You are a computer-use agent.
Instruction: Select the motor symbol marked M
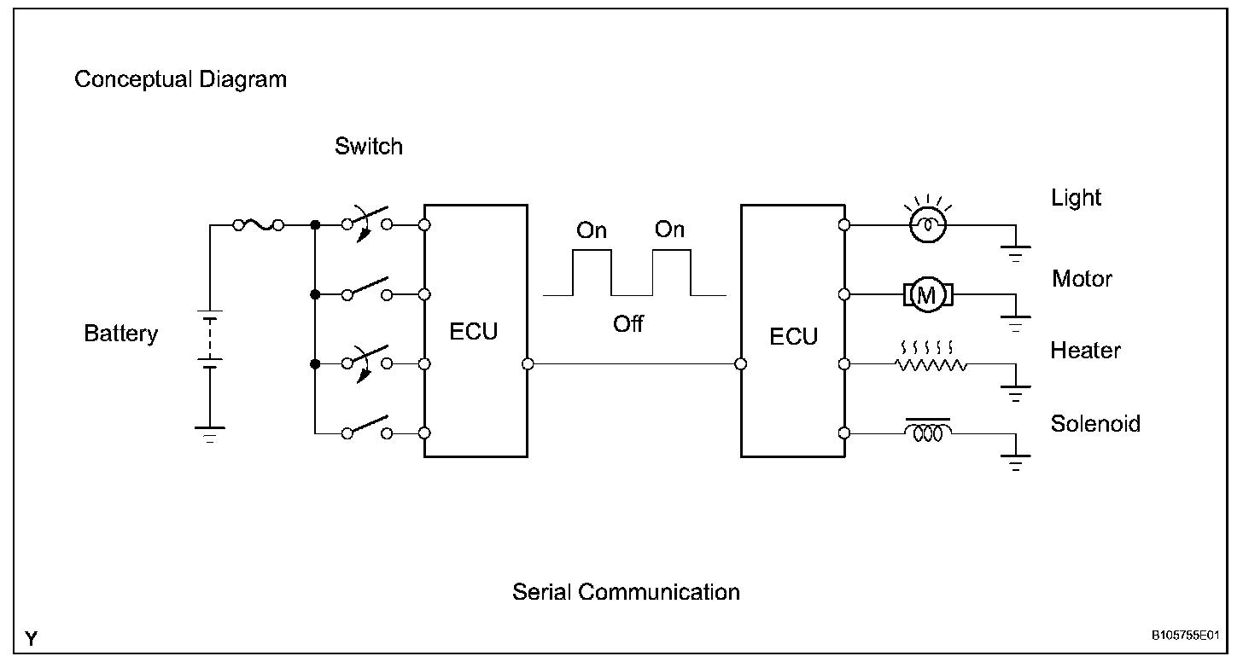[x=926, y=295]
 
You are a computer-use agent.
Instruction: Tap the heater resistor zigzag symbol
[x=931, y=364]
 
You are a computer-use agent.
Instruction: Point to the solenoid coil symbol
[x=928, y=433]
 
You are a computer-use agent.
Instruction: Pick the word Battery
[x=120, y=334]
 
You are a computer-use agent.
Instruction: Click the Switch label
[x=368, y=147]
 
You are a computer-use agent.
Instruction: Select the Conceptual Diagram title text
[x=180, y=80]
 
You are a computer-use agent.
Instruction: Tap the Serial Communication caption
[x=626, y=592]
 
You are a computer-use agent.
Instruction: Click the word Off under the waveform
[x=627, y=324]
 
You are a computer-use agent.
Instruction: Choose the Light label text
[x=1076, y=198]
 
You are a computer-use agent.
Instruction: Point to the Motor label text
[x=1082, y=279]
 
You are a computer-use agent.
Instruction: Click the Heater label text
[x=1085, y=351]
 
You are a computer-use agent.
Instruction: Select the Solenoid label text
[x=1095, y=424]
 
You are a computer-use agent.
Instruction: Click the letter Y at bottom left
[x=32, y=639]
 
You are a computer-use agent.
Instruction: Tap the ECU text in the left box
[x=474, y=332]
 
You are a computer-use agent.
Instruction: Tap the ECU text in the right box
[x=793, y=336]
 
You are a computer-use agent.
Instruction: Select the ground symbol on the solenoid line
[x=1015, y=465]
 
